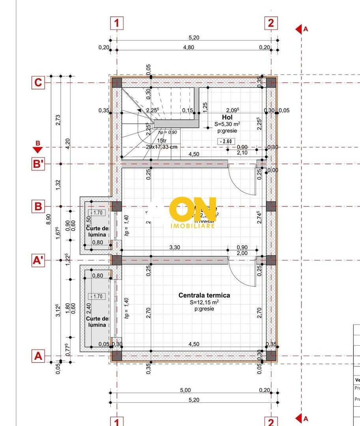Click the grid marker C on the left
(x=38, y=83)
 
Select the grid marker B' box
(x=38, y=164)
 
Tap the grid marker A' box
(x=38, y=260)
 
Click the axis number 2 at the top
(x=270, y=23)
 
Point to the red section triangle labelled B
(x=38, y=149)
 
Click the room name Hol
(x=227, y=117)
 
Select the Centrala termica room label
(x=204, y=295)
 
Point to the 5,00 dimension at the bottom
(x=185, y=390)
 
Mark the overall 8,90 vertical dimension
(x=48, y=219)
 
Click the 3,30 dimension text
(x=175, y=247)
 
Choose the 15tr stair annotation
(x=161, y=140)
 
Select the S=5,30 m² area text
(x=228, y=124)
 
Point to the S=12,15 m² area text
(x=204, y=302)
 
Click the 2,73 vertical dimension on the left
(x=58, y=120)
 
